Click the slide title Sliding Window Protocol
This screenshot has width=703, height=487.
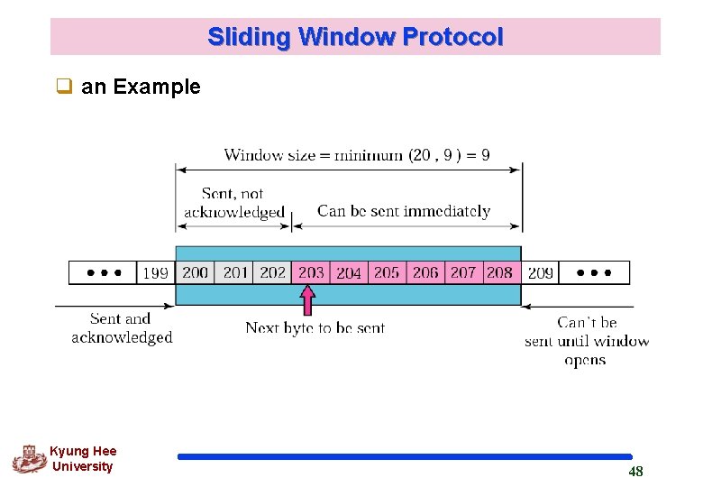[x=355, y=37]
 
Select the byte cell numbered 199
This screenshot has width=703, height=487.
[x=156, y=272]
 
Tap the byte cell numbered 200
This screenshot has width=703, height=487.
[x=195, y=272]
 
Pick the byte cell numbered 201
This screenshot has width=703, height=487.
[x=234, y=272]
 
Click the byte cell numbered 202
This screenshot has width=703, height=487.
[x=272, y=272]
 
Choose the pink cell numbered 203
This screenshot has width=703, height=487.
[x=311, y=272]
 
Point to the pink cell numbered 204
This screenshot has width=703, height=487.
[x=349, y=272]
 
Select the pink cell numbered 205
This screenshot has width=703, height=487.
[x=387, y=272]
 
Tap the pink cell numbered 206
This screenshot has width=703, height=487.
[x=425, y=272]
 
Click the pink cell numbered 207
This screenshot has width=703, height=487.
[x=463, y=272]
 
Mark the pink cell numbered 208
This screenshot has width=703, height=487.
[x=500, y=272]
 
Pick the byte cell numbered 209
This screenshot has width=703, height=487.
[x=540, y=272]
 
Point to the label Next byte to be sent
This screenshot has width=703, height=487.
[x=315, y=328]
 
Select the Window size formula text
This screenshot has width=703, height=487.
[x=357, y=155]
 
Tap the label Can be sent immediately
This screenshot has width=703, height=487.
[x=404, y=211]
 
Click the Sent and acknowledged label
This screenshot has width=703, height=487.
[x=122, y=328]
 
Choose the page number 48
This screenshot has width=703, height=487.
[x=635, y=472]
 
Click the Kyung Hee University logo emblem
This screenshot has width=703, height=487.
[x=30, y=459]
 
